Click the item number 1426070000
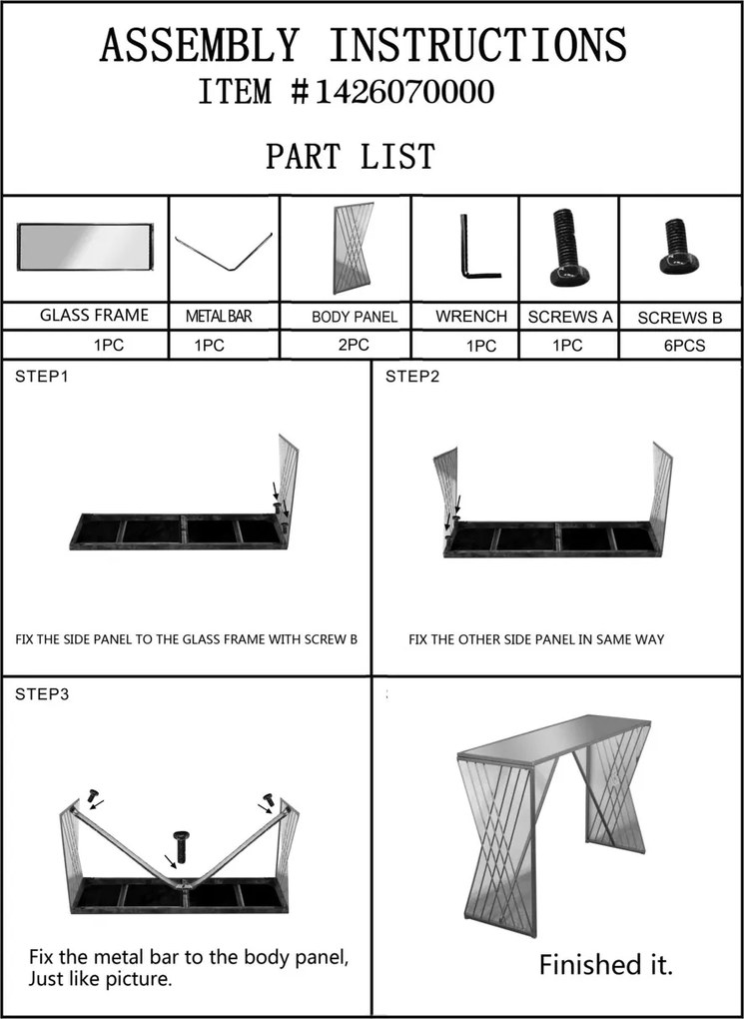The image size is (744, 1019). tap(404, 92)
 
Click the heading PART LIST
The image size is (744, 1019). tap(351, 157)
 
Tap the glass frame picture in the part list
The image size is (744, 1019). tap(85, 246)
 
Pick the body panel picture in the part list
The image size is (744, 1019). tap(354, 248)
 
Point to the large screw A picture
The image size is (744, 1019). tap(569, 248)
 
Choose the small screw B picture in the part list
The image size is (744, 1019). tap(679, 246)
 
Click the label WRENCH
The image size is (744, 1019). tap(471, 317)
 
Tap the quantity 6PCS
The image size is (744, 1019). tap(683, 347)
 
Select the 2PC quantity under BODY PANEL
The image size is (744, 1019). tap(353, 345)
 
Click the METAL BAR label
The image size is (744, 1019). tap(219, 317)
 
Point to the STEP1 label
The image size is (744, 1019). tap(42, 376)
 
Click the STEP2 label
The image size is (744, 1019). tap(412, 376)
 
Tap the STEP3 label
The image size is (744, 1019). tap(42, 694)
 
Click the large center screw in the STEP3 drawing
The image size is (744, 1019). tap(180, 846)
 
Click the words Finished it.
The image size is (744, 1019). tap(605, 964)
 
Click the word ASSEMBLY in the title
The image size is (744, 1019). tap(198, 45)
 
